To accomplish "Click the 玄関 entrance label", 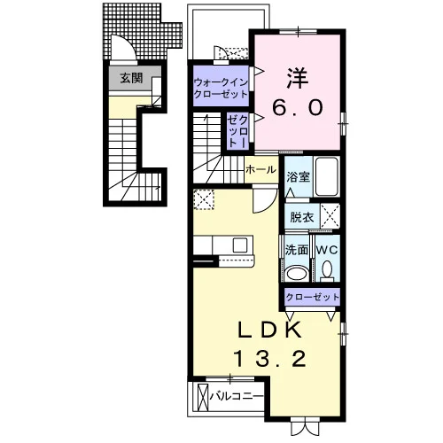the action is (131, 78).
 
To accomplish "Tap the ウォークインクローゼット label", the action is (221, 88).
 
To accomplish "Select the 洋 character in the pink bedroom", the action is (298, 79).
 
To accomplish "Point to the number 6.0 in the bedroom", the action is (298, 107).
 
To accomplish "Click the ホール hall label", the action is (261, 169).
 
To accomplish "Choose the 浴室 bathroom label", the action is (299, 176).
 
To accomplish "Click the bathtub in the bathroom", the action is (327, 176).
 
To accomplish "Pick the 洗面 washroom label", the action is (297, 250).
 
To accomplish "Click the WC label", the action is (327, 250).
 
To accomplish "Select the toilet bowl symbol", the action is (327, 271).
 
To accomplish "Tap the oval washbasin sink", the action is (297, 273).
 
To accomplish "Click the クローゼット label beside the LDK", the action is (313, 297).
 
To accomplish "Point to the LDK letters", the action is (269, 330).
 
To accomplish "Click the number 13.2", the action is (269, 359).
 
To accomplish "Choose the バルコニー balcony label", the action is (237, 396).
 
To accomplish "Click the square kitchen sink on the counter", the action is (240, 245).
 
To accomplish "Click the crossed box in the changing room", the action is (330, 216).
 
